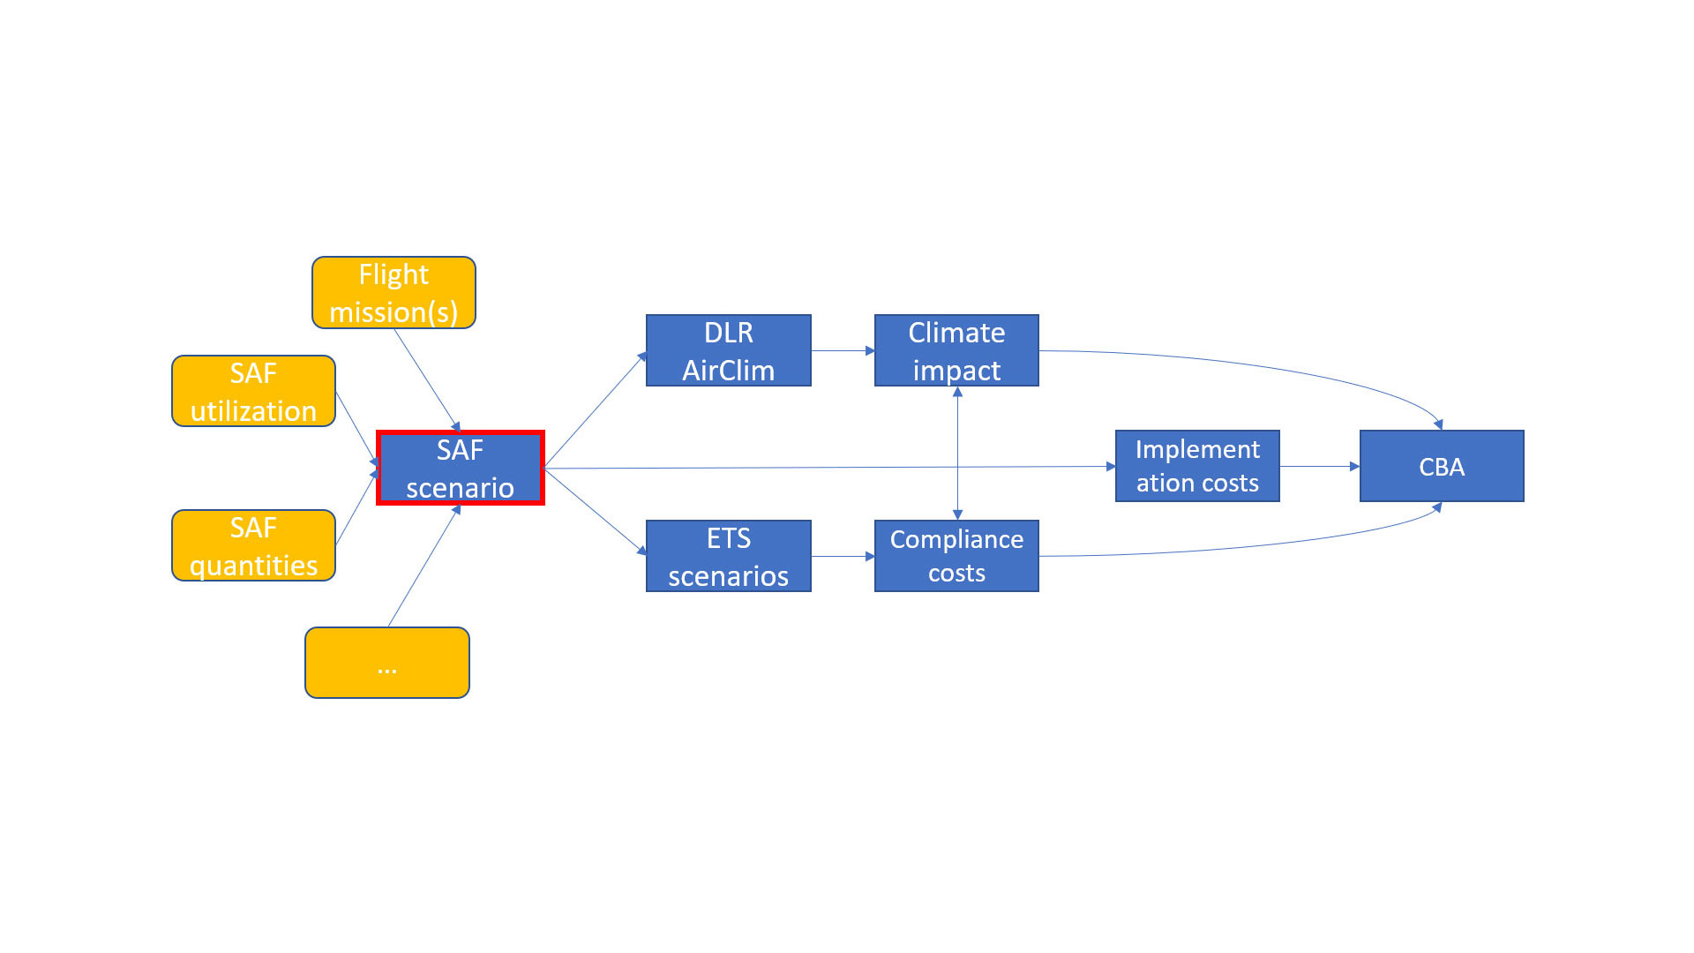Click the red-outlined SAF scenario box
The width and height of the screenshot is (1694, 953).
460,468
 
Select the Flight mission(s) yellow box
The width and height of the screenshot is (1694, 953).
394,293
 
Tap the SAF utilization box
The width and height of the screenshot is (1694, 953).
253,391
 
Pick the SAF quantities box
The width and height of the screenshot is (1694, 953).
253,545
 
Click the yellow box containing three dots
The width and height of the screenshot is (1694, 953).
386,663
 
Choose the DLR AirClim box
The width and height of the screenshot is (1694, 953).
728,350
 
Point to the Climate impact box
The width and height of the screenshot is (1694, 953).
956,350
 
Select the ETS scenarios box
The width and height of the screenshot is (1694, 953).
728,556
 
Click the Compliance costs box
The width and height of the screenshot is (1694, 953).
956,556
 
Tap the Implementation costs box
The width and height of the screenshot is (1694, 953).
1197,466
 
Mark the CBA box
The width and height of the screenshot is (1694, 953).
1442,466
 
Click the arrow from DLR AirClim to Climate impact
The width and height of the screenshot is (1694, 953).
843,350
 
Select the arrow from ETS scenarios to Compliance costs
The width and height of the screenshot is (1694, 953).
843,556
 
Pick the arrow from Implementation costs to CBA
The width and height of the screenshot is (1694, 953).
1319,466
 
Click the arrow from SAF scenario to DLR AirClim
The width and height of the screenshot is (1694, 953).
596,409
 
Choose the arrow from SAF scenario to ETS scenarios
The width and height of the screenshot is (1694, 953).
596,512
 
